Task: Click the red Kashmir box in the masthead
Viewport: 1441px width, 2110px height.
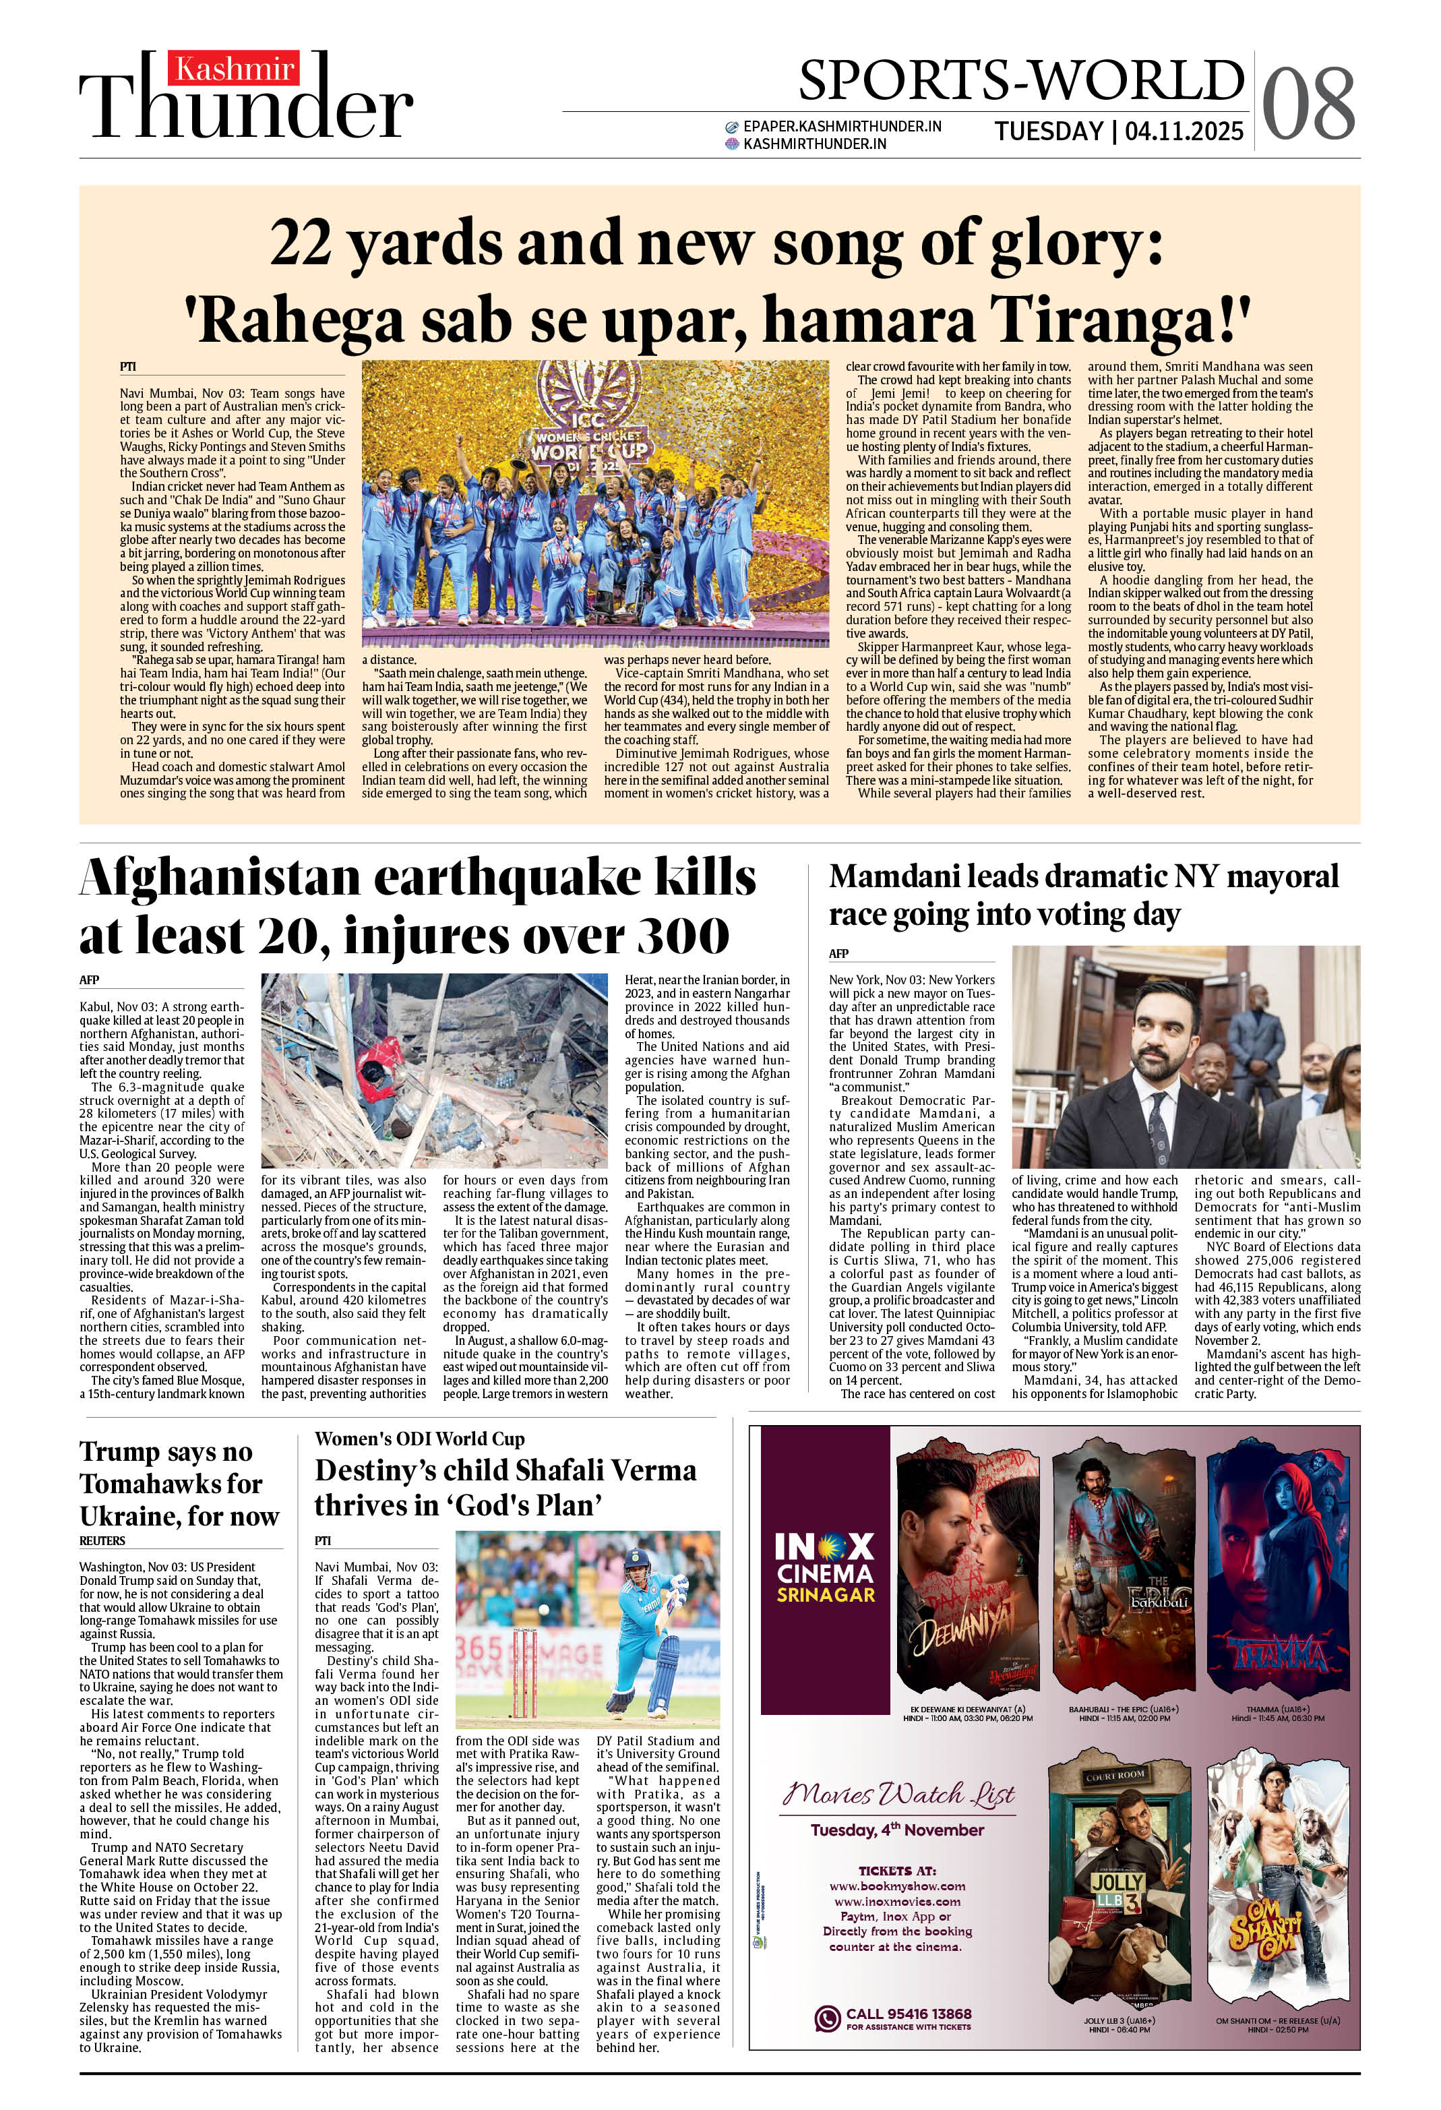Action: pos(235,69)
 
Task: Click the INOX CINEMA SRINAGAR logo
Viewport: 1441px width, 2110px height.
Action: pos(824,1567)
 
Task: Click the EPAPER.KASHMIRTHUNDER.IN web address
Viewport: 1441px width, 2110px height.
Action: pos(842,126)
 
